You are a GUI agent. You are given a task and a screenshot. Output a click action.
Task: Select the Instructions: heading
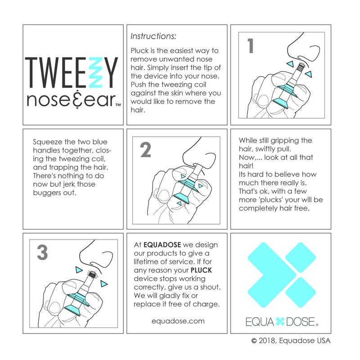[x=153, y=36]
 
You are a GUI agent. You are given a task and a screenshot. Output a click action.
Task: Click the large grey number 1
[x=251, y=46]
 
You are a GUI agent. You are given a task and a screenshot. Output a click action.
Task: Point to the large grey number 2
[x=145, y=150]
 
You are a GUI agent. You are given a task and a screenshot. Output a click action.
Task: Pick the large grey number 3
[x=42, y=253]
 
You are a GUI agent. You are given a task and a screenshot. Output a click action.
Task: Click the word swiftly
[x=276, y=148]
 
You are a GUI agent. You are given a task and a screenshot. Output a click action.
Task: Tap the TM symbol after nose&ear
[x=117, y=105]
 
